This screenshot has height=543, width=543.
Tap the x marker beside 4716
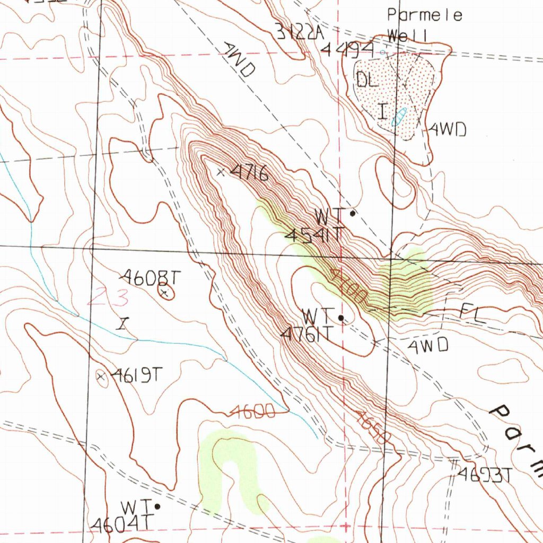(221, 171)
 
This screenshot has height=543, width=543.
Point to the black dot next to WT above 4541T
(353, 214)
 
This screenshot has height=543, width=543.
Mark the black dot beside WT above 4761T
(341, 318)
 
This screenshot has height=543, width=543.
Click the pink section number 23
(109, 297)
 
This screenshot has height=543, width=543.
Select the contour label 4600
(253, 412)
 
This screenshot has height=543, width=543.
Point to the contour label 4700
(347, 286)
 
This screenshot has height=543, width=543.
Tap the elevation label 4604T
(117, 524)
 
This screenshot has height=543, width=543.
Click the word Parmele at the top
(424, 15)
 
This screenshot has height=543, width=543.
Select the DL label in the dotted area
(367, 80)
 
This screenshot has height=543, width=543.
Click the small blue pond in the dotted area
(399, 116)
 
